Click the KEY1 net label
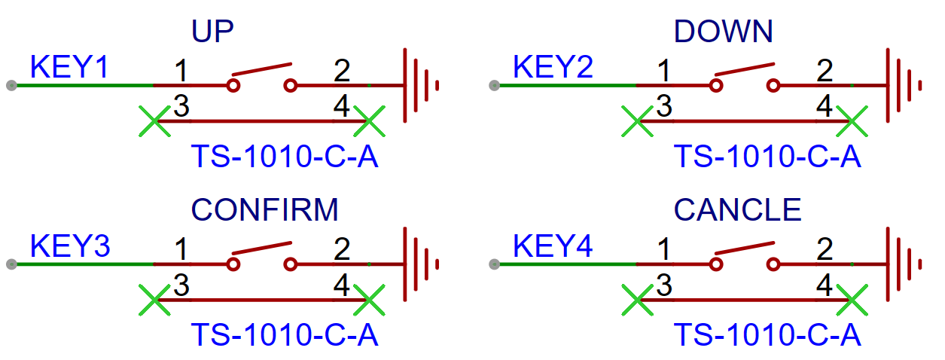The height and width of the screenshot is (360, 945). pyautogui.click(x=69, y=67)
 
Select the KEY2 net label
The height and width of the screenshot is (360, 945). pyautogui.click(x=553, y=67)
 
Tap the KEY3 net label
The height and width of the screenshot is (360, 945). pyautogui.click(x=70, y=246)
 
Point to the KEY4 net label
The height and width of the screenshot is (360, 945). pyautogui.click(x=553, y=246)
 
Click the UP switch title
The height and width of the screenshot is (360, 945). pyautogui.click(x=212, y=31)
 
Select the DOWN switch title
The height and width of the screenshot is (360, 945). pyautogui.click(x=723, y=31)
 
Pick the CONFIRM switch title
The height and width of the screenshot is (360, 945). pyautogui.click(x=264, y=210)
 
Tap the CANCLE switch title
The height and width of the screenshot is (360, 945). pyautogui.click(x=737, y=210)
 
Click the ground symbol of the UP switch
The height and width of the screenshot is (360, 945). pyautogui.click(x=421, y=86)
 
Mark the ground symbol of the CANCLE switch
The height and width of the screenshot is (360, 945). pyautogui.click(x=904, y=264)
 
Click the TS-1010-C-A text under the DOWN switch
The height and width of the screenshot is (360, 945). pyautogui.click(x=767, y=157)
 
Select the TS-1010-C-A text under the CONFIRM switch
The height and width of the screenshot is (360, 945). pyautogui.click(x=285, y=335)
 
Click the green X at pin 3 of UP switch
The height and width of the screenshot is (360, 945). pyautogui.click(x=155, y=121)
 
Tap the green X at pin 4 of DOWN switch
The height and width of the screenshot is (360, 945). pyautogui.click(x=852, y=121)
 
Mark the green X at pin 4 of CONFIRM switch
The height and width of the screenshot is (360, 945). pyautogui.click(x=369, y=300)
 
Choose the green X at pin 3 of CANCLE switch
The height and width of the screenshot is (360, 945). pyautogui.click(x=638, y=300)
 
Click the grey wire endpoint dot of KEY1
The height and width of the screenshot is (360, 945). pyautogui.click(x=11, y=86)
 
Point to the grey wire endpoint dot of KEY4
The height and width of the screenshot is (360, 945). pyautogui.click(x=495, y=264)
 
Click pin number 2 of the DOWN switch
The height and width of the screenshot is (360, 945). pyautogui.click(x=825, y=71)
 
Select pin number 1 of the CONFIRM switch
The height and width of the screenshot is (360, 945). pyautogui.click(x=181, y=249)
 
